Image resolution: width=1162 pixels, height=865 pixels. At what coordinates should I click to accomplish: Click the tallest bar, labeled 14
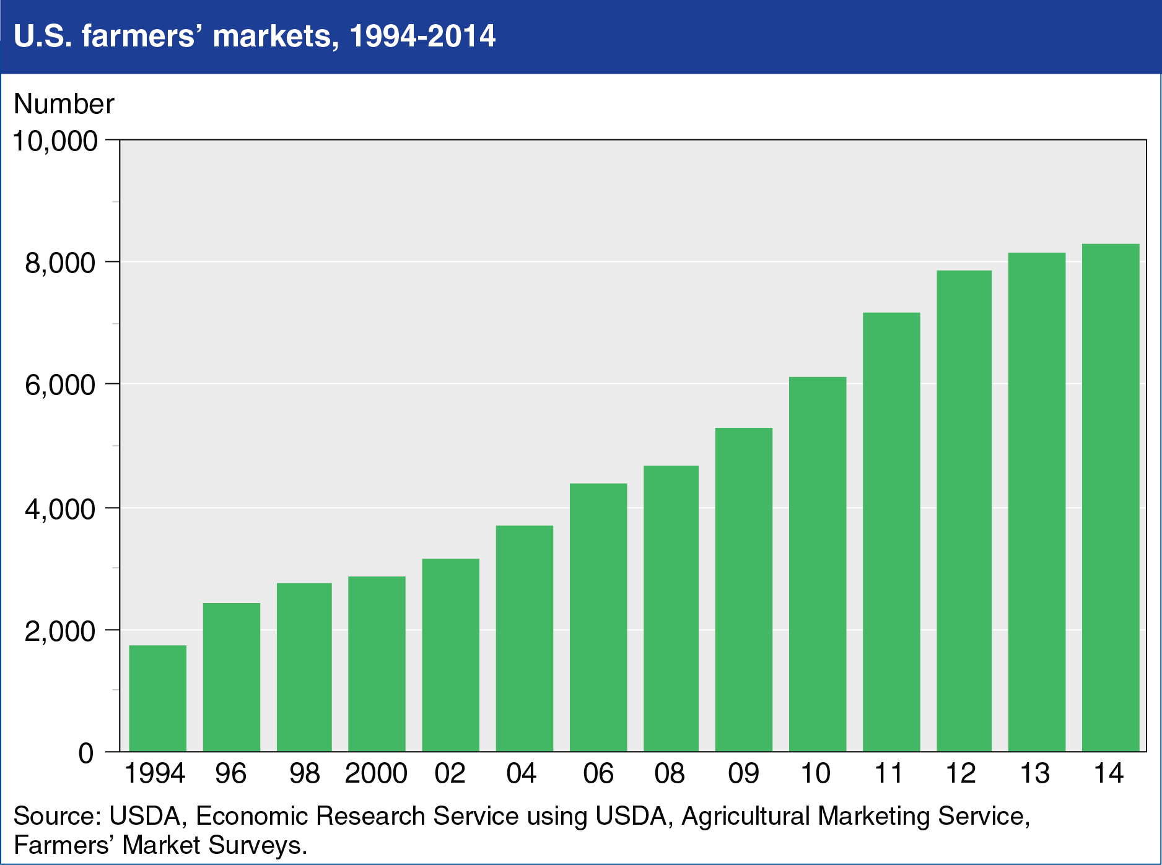[1110, 498]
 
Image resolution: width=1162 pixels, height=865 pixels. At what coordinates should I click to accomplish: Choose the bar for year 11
[891, 532]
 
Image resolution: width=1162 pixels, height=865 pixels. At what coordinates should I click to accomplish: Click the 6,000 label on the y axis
[60, 386]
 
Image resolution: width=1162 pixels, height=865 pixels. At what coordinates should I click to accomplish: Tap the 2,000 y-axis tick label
[60, 632]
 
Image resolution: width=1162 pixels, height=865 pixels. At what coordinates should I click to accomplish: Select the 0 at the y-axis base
[86, 754]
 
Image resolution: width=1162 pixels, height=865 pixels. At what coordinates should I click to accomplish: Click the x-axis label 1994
[155, 773]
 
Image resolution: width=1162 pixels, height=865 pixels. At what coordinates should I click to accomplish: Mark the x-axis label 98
[304, 773]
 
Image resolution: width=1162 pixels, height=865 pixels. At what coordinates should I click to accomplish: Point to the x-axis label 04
[521, 773]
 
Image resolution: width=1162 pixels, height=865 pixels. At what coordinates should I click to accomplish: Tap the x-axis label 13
[1034, 773]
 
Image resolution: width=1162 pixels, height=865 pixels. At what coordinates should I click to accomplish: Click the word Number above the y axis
[64, 104]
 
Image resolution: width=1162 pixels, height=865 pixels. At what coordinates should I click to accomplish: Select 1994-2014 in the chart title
[422, 37]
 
